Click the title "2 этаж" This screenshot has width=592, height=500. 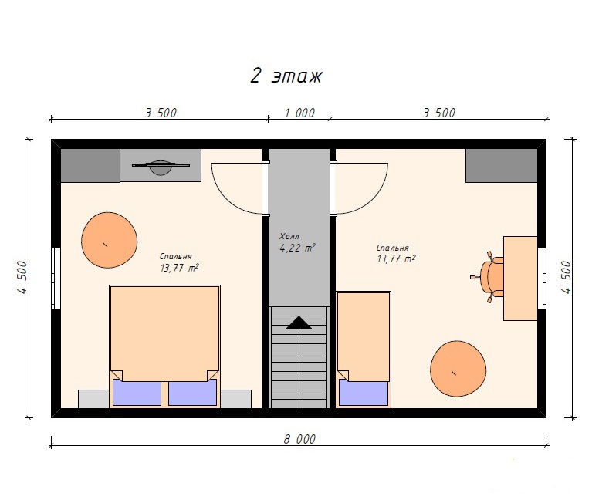coord(286,76)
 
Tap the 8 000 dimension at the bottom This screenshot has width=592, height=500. coord(299,439)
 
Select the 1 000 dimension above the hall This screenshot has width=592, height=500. coord(299,113)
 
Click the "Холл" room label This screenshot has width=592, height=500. coord(289,237)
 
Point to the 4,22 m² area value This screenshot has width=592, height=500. coord(297,248)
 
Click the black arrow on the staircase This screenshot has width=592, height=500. coord(299,323)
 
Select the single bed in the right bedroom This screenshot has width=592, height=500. coord(364,350)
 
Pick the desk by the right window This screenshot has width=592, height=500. coord(520,279)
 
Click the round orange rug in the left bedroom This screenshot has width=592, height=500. coord(109,241)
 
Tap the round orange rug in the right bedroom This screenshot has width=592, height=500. coord(458,369)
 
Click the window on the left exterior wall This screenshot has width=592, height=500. coord(56,278)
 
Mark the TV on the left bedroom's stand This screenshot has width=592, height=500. coord(161,167)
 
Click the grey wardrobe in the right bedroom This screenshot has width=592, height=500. coord(502,166)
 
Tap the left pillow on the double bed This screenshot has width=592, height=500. coord(137,393)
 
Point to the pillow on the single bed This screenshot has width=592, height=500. coord(364,393)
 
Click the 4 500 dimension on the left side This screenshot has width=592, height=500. coord(22,277)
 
